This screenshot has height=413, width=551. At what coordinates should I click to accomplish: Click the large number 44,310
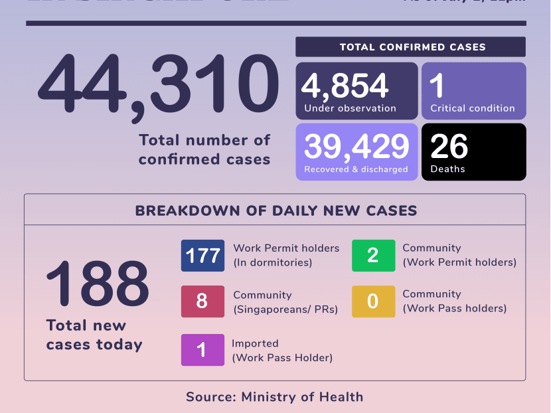tap(158, 86)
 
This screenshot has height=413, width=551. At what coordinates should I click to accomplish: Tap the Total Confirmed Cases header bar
tap(410, 47)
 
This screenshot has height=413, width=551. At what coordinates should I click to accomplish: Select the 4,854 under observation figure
tap(345, 86)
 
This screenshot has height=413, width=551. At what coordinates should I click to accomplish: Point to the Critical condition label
tap(472, 108)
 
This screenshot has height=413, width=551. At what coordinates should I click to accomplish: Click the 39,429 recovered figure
tap(356, 146)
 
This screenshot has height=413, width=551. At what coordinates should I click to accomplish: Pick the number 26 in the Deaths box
tap(449, 147)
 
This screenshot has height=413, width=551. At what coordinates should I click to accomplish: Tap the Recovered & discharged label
tap(356, 169)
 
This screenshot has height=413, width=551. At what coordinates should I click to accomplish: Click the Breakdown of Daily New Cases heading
tap(275, 211)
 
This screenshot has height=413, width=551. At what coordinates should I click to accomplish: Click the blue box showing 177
tap(202, 256)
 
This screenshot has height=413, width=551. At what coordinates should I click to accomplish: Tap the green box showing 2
tap(373, 256)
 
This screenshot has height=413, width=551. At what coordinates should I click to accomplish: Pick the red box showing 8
tap(202, 301)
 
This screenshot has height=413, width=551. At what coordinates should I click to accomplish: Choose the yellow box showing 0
tap(373, 301)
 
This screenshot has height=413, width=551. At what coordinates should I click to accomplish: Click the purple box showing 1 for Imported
tap(202, 350)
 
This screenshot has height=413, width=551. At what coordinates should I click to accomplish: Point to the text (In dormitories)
tap(272, 262)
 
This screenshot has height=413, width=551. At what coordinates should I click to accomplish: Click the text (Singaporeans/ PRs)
tap(285, 309)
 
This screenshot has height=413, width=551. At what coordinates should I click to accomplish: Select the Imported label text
tap(255, 343)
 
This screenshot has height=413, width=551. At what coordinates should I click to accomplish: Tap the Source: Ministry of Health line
tap(274, 397)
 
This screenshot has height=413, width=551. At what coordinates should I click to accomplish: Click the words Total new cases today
tap(94, 335)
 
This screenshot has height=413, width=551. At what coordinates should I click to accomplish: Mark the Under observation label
tap(350, 108)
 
